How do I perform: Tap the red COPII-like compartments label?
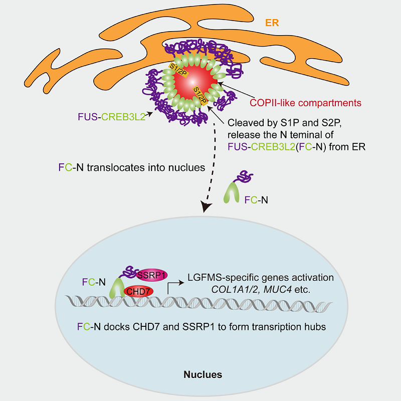coord(305,103)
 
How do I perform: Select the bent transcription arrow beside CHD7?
coord(173,286)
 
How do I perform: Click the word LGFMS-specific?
coord(218,276)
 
